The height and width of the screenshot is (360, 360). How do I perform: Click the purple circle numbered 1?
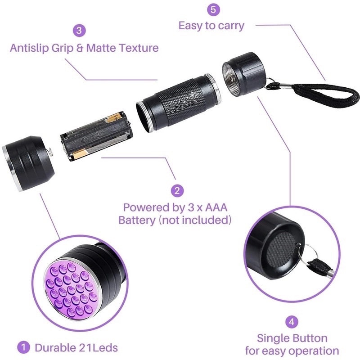pyautogui.click(x=21, y=347)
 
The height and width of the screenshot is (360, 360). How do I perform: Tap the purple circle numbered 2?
pyautogui.click(x=179, y=190)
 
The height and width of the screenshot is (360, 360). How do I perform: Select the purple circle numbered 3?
pyautogui.click(x=80, y=31)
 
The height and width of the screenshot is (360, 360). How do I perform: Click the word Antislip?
pyautogui.click(x=30, y=48)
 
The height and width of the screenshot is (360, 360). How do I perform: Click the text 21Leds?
pyautogui.click(x=96, y=347)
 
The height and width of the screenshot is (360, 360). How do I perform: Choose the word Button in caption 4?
pyautogui.click(x=310, y=337)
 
